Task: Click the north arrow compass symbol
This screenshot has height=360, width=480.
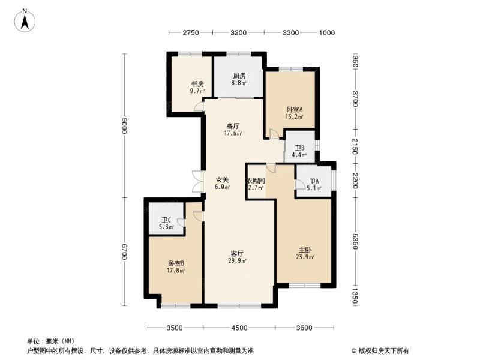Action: point(25,20)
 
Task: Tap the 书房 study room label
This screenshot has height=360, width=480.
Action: point(197,84)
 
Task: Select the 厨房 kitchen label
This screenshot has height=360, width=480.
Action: point(239,76)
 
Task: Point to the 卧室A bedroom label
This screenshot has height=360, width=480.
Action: point(295,109)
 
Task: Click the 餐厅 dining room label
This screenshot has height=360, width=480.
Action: point(233,126)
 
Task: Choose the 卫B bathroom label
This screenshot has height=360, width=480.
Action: point(299,148)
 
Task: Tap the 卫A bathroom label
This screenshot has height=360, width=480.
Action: point(314,181)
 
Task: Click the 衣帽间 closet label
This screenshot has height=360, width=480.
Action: point(256,181)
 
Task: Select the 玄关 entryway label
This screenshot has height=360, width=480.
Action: point(222,180)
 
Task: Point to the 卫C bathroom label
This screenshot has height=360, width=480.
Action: point(167,220)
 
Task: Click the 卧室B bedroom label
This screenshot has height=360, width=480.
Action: point(176,263)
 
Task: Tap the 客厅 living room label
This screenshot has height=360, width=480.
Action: point(237,253)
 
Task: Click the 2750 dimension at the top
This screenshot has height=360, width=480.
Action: point(191,32)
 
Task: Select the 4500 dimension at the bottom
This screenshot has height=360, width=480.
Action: point(239,328)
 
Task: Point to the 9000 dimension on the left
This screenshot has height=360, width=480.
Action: point(124,125)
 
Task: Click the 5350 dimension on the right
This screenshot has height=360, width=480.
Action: point(355,241)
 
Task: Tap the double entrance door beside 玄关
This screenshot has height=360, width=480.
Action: point(197,181)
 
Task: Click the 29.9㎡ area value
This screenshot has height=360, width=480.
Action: point(237,261)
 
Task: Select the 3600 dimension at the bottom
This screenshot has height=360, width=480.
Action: point(304,328)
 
